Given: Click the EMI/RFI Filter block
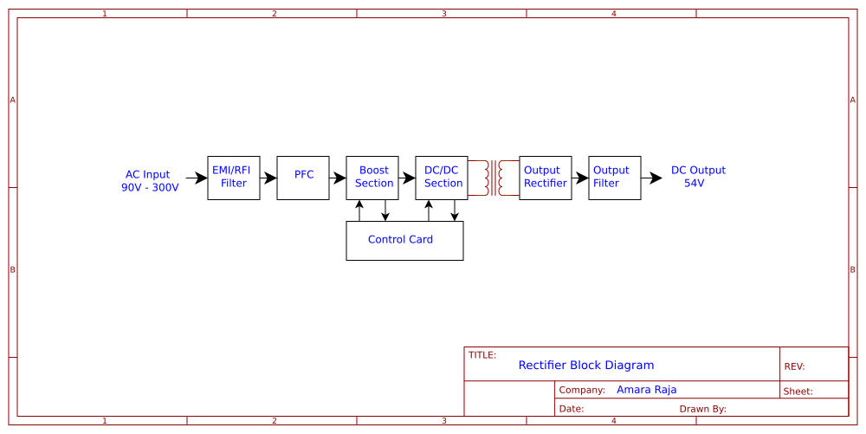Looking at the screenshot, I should point(234,178).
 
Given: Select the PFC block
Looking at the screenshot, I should point(303,178).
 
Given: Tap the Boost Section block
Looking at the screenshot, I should point(372,178).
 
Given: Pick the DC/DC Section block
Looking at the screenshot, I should point(442,178).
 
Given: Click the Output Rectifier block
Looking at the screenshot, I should point(546,178).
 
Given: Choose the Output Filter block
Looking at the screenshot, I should point(615,178).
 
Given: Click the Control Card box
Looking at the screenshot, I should point(404,240).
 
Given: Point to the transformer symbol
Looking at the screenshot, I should point(494,178).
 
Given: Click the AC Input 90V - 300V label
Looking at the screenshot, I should point(149,181).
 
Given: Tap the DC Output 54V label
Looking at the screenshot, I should point(697,177).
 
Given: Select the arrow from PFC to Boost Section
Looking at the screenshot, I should point(338,178).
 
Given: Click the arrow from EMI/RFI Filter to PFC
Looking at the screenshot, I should point(268,178).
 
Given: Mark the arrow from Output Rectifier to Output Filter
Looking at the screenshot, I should point(580,178).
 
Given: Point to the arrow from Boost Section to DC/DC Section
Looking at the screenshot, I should point(407,178).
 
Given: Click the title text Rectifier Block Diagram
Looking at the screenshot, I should point(586,366).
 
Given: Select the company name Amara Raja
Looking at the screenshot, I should point(646,390).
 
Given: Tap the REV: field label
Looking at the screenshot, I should point(794,367).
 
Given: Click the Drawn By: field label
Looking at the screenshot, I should point(702,409).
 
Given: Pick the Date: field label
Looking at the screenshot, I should point(571,409).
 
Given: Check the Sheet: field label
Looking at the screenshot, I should point(798,392).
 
